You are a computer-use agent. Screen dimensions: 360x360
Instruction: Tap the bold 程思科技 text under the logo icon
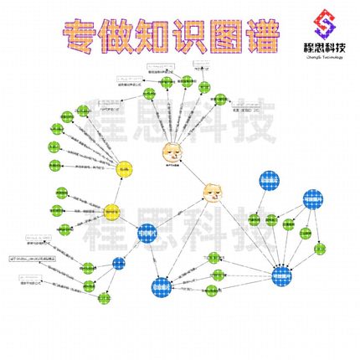point(321,49)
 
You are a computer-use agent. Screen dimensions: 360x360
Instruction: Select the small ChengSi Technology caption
point(321,60)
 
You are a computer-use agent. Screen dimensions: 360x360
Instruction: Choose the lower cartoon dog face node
point(214,194)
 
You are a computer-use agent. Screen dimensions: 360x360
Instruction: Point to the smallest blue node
point(119,263)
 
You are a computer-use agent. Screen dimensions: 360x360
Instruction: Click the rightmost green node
point(320,249)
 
